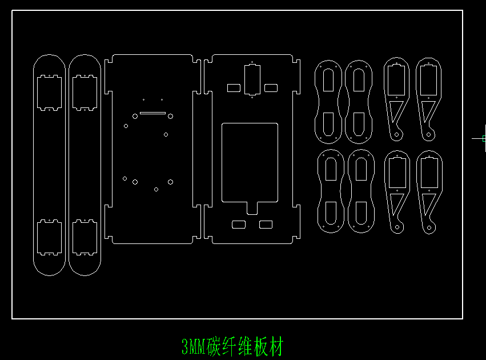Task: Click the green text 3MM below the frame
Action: point(194,346)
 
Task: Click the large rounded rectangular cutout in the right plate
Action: point(250,163)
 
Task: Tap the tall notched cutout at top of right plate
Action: point(252,79)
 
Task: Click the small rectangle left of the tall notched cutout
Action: point(234,88)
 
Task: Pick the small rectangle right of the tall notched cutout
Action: point(271,88)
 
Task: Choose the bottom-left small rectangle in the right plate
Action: point(238,225)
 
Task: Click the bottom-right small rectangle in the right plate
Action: point(266,225)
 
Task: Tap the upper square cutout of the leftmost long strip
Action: point(49,92)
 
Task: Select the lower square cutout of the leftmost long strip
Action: point(49,237)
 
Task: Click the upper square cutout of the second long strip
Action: point(85,92)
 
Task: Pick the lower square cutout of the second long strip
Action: point(85,237)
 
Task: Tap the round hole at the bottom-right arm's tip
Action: point(429,228)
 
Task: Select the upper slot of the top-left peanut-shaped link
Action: point(328,81)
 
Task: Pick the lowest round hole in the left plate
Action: point(156,189)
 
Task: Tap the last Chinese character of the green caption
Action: point(276,346)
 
